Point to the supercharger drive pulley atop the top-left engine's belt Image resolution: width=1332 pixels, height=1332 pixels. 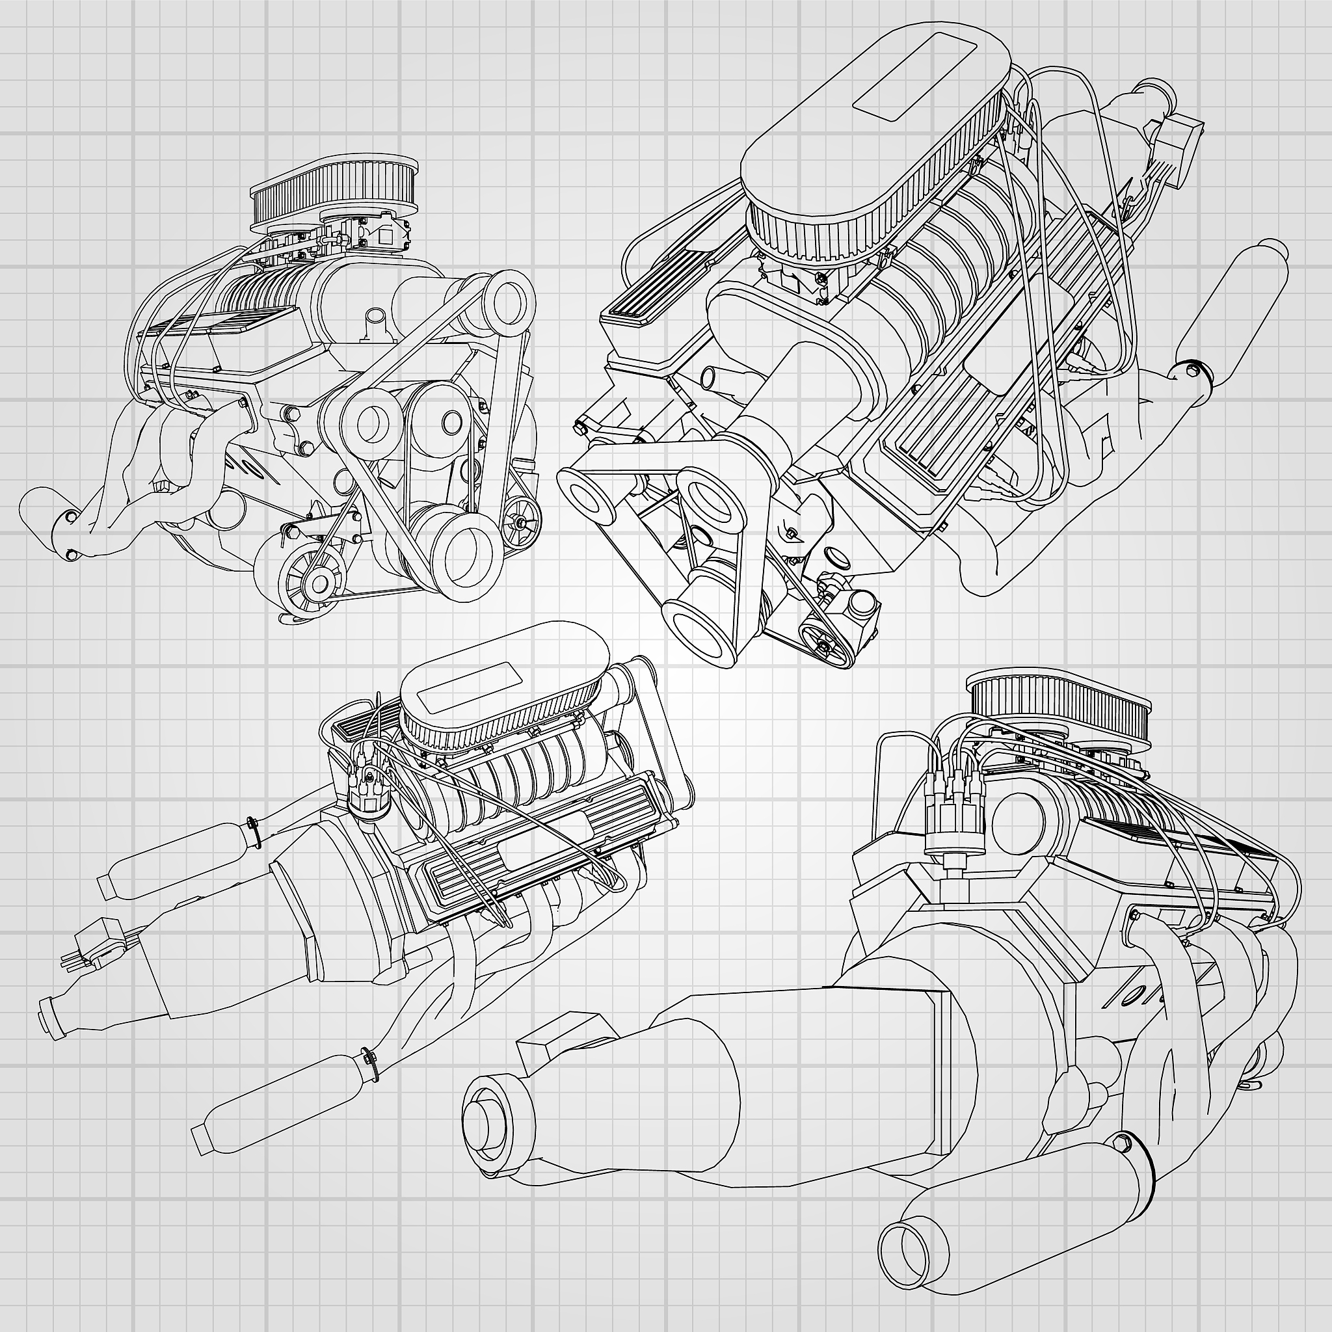(509, 298)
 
